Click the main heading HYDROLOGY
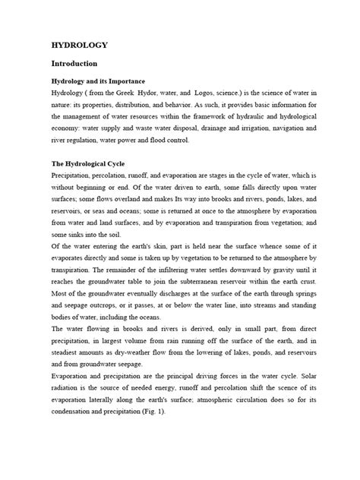coord(78,46)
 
